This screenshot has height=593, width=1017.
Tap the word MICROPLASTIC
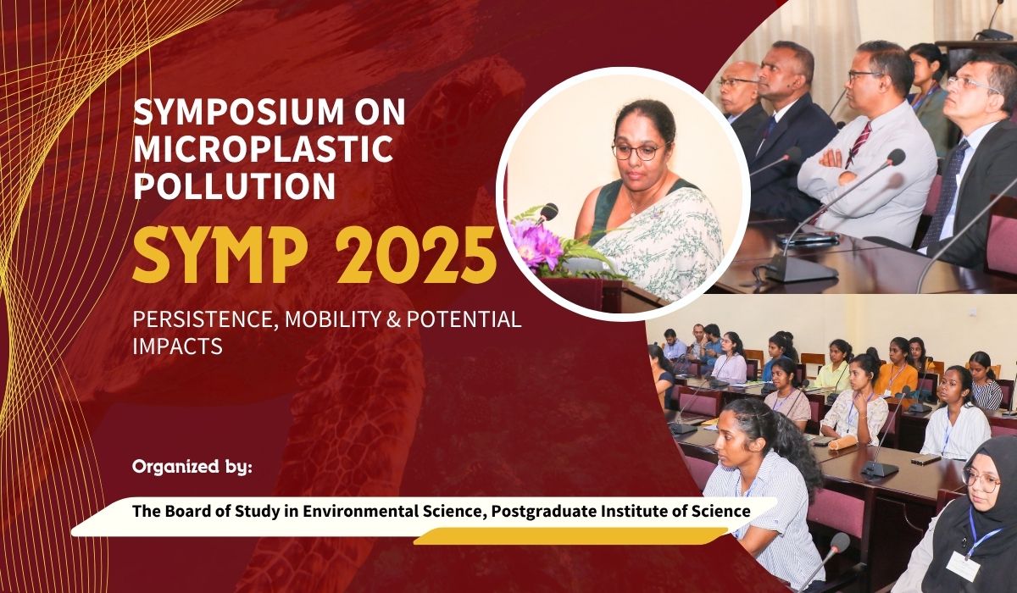click(x=263, y=149)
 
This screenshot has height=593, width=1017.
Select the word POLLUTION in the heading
click(x=234, y=186)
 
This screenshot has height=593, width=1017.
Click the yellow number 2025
click(x=422, y=256)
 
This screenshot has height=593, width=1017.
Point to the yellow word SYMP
click(x=219, y=256)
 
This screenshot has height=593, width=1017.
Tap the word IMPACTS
click(x=177, y=346)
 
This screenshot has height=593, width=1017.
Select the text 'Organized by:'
click(x=192, y=467)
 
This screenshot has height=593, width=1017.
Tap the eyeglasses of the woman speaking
click(x=640, y=152)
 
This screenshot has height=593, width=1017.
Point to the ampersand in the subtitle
click(x=393, y=320)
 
